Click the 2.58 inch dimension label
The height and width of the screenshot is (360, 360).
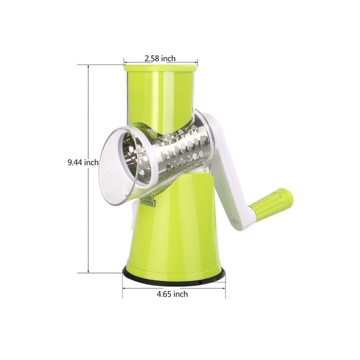pos(160,58)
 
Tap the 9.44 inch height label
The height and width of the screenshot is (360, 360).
pos(83,163)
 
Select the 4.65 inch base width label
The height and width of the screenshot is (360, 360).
pos(172,294)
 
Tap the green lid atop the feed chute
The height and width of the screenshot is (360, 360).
pos(160,68)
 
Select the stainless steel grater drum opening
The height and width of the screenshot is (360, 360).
pos(135,159)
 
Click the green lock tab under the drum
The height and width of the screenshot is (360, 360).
pos(148,201)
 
